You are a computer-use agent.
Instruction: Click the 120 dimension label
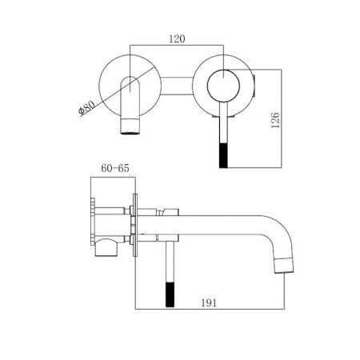click(177, 39)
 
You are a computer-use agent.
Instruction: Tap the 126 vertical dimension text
click(275, 120)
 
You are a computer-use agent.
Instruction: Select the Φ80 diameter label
click(87, 108)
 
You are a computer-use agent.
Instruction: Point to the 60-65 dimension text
click(115, 168)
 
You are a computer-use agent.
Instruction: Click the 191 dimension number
click(209, 302)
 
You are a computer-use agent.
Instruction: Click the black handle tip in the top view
click(223, 156)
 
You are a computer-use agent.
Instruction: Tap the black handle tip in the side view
click(170, 294)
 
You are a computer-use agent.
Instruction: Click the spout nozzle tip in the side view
click(284, 266)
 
